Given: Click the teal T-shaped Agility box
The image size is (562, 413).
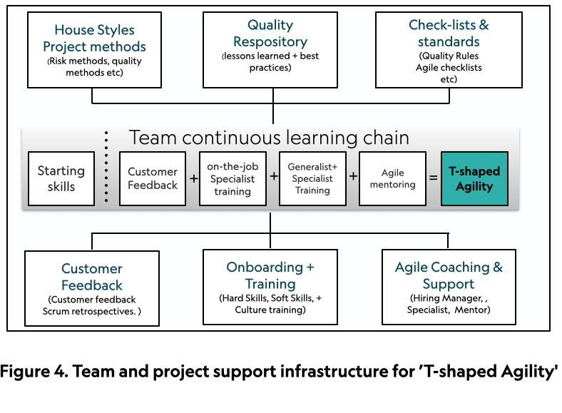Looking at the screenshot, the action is (474, 178).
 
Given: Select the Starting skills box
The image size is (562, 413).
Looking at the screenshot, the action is (61, 178).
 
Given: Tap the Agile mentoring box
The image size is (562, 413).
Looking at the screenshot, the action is (392, 178).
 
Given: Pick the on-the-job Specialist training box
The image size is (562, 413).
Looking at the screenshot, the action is (233, 178).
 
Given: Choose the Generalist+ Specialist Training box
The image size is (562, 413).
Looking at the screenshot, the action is (312, 178).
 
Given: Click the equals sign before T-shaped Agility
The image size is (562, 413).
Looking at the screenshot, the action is (434, 178).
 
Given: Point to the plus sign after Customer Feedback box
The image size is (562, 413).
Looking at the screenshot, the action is (193, 178).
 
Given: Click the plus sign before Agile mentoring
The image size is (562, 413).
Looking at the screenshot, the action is (353, 176).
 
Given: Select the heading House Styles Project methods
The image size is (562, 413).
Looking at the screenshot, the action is (95, 38).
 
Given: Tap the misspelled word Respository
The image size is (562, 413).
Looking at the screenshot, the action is (270, 41).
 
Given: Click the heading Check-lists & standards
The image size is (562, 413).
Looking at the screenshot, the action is (449, 33).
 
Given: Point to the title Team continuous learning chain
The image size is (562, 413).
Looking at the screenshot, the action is (269, 137).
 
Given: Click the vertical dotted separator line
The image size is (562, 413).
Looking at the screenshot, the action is (106, 167).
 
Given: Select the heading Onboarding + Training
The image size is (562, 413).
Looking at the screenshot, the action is (270, 275).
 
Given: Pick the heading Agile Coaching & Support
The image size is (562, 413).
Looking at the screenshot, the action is (449, 275).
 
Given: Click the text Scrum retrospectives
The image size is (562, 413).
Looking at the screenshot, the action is (89, 311).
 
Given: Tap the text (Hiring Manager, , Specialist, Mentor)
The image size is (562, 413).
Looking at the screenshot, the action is (449, 304).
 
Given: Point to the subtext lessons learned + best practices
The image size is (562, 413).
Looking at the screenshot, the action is (270, 61).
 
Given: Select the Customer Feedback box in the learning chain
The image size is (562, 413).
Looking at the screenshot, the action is (153, 178).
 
